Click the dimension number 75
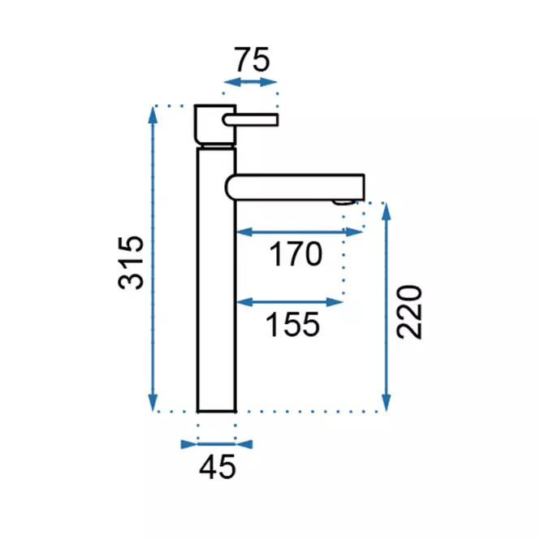pos(252,59)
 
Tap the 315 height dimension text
pos(131,263)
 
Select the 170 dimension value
pos(296,254)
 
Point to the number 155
pos(292,324)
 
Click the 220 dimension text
pos(408,312)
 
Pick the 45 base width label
pos(218,467)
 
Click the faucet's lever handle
pos(250,120)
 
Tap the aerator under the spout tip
pos(344,202)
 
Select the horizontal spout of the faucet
pos(295,187)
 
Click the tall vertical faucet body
pos(217,279)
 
